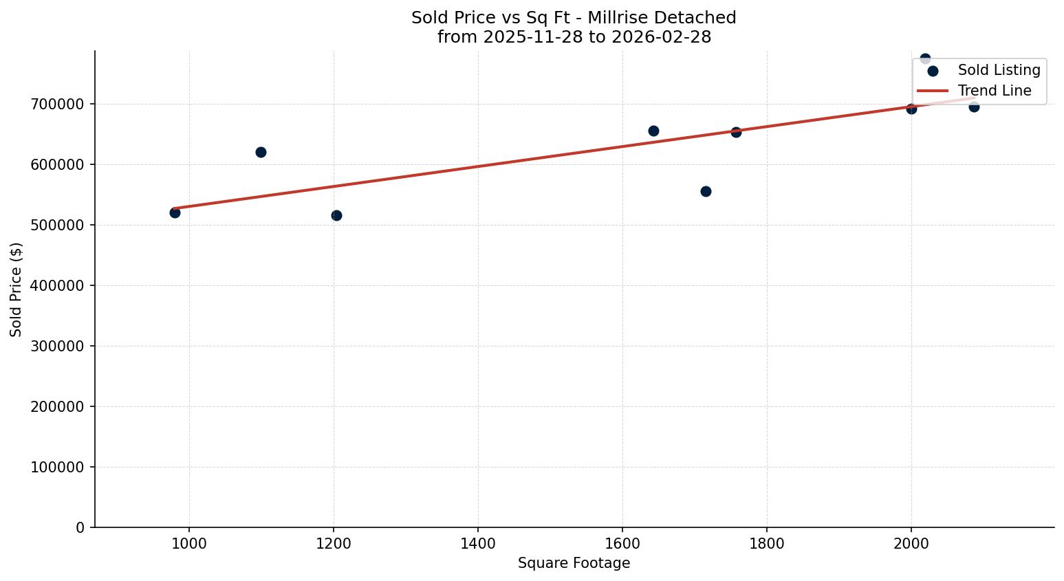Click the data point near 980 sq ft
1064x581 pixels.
175,212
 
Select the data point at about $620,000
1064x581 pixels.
261,152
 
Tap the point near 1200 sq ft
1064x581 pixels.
336,215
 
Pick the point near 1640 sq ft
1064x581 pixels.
653,131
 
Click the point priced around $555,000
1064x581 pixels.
706,191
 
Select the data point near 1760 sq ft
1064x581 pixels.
736,132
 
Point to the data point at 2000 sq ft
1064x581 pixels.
911,109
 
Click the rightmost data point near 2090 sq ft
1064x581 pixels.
974,107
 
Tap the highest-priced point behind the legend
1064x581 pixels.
925,58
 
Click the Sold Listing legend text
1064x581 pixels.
999,70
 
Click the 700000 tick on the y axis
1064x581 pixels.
58,104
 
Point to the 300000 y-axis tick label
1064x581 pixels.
58,346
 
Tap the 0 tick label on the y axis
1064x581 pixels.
80,527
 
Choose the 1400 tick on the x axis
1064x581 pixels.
478,542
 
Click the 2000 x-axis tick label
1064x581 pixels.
911,542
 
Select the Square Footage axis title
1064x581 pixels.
574,563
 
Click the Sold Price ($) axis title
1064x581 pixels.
17,289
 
